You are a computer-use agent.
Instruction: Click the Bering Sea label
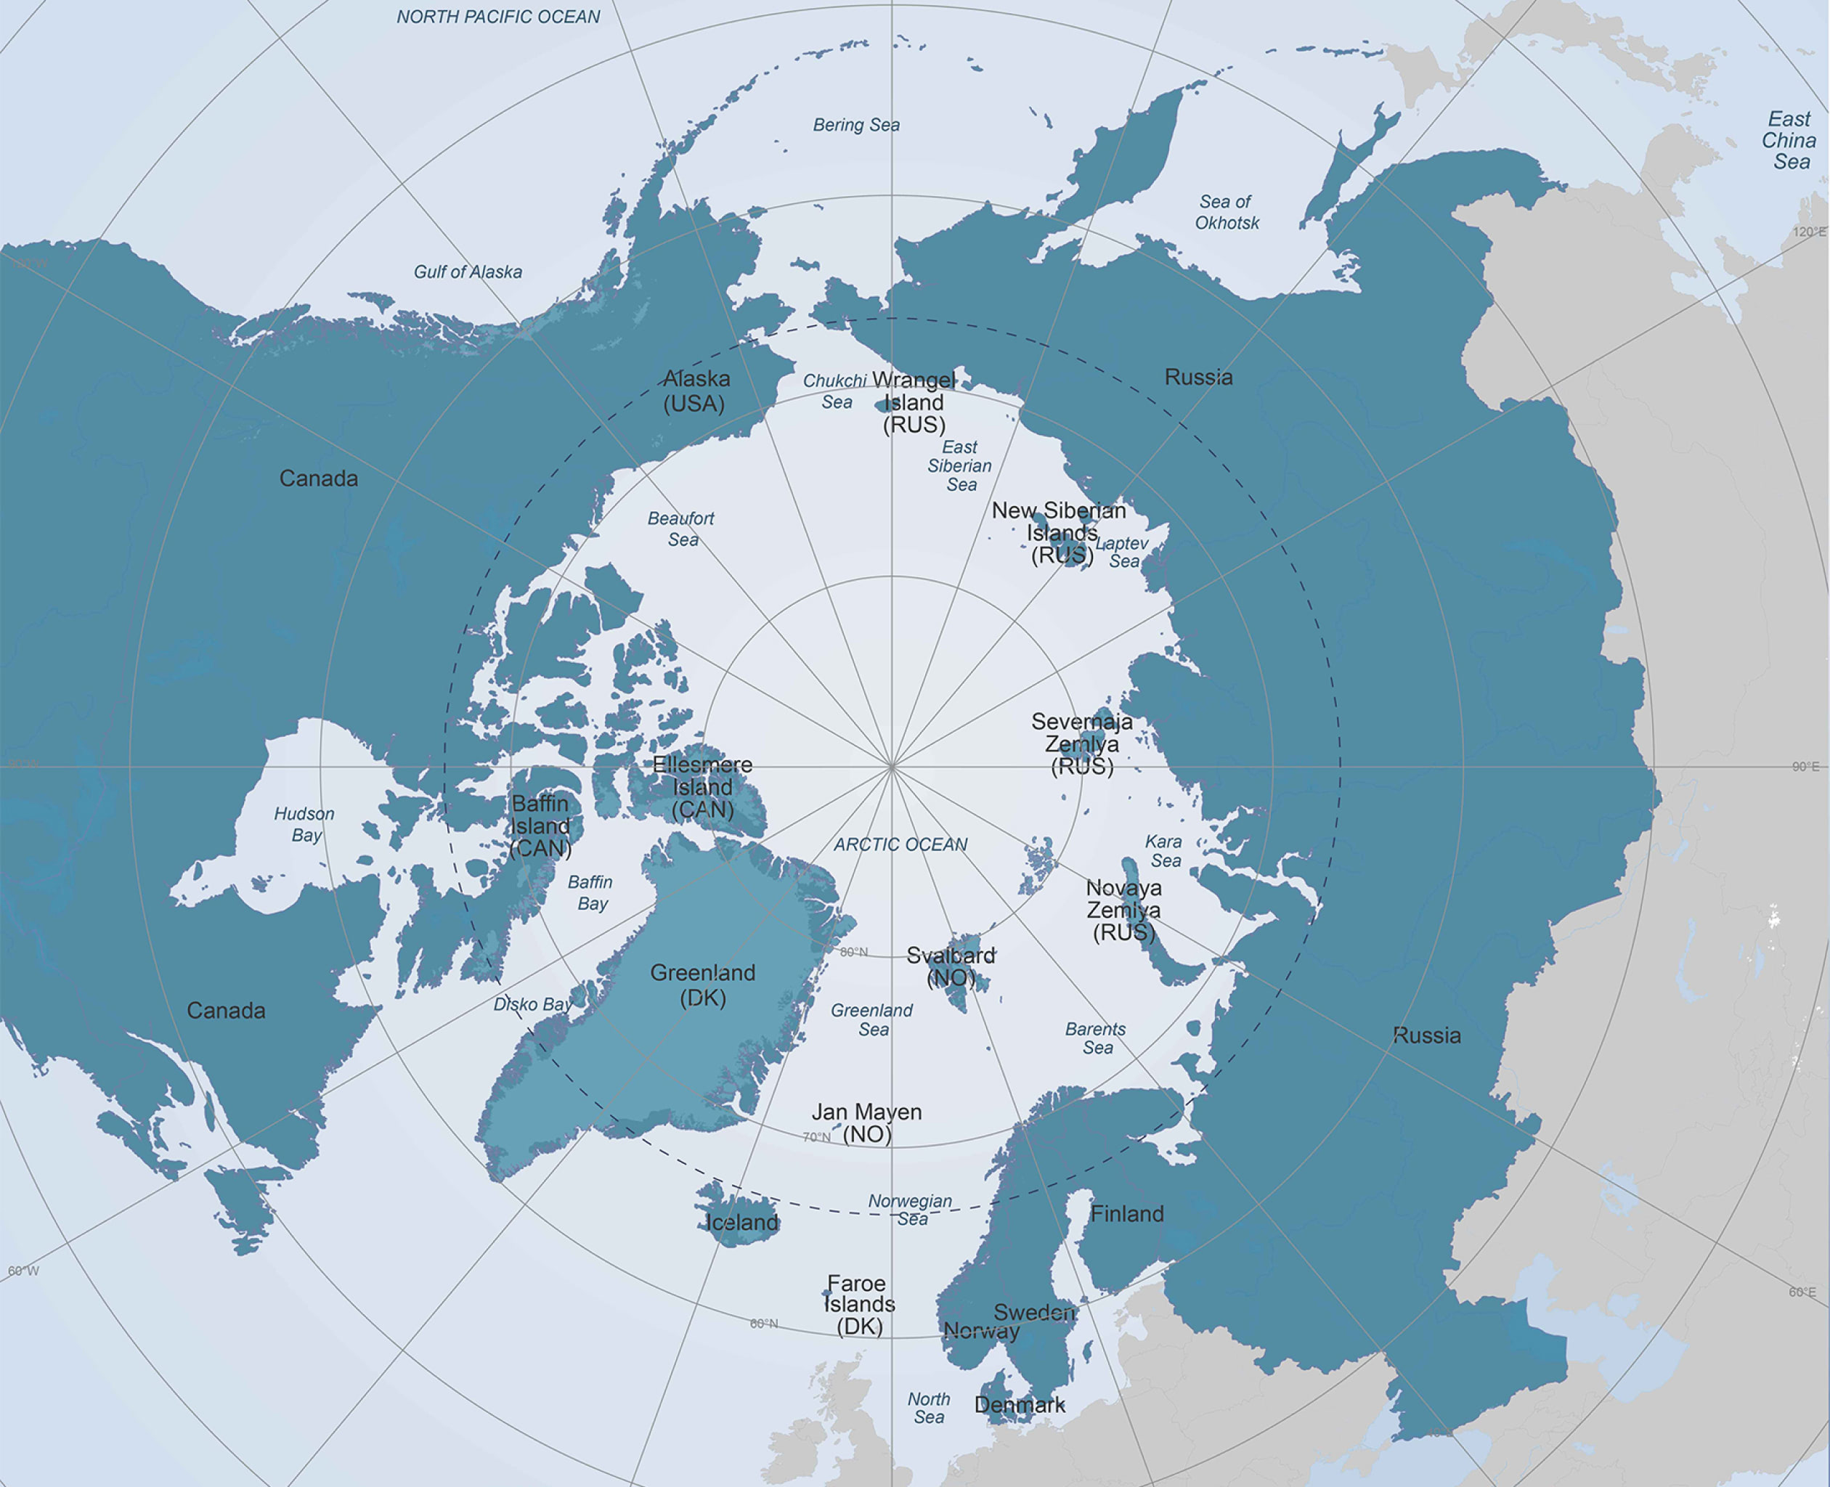pyautogui.click(x=856, y=125)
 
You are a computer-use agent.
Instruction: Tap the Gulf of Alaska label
pyautogui.click(x=468, y=272)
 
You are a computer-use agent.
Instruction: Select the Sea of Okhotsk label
pyautogui.click(x=1226, y=213)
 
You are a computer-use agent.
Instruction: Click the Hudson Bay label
pyautogui.click(x=304, y=824)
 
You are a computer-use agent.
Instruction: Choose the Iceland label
pyautogui.click(x=742, y=1222)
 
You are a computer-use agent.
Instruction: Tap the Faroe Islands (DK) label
pyautogui.click(x=858, y=1305)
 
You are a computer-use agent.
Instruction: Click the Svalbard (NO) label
pyautogui.click(x=951, y=966)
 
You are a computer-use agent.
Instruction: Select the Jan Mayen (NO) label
pyautogui.click(x=867, y=1123)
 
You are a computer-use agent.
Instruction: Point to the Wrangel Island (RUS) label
pyautogui.click(x=914, y=402)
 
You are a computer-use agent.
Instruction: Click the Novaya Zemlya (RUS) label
pyautogui.click(x=1123, y=910)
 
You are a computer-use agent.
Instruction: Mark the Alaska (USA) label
pyautogui.click(x=696, y=391)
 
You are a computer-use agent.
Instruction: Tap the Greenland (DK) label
pyautogui.click(x=702, y=985)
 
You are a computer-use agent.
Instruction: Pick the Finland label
pyautogui.click(x=1126, y=1214)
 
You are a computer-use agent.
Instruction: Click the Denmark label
pyautogui.click(x=1020, y=1405)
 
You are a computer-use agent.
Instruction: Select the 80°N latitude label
pyautogui.click(x=853, y=952)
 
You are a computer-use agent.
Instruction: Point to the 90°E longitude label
pyautogui.click(x=1805, y=767)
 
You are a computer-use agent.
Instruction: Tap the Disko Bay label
pyautogui.click(x=533, y=1004)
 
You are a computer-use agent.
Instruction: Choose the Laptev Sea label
pyautogui.click(x=1123, y=553)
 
